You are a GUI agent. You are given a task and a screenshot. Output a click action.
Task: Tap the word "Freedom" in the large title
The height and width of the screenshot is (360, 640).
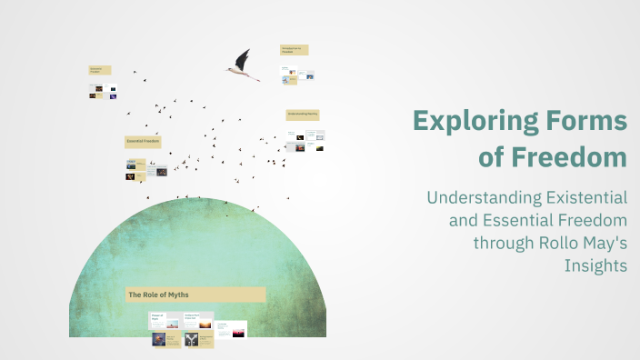(567, 156)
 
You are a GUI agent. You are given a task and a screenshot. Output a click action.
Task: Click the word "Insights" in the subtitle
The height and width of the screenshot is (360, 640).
(595, 265)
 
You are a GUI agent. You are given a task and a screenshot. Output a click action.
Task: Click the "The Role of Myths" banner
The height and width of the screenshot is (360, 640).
(195, 295)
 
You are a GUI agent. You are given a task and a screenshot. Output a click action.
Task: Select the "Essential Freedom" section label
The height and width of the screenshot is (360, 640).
(143, 142)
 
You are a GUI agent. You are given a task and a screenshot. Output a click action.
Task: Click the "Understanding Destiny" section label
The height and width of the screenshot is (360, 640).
(302, 115)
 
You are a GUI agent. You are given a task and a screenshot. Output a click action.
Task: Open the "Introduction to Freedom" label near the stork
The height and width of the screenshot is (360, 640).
(294, 50)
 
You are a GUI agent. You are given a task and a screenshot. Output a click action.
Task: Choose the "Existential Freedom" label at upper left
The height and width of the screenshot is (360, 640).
(100, 70)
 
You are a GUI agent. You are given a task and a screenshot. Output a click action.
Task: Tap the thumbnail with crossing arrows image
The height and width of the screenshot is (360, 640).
(192, 339)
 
